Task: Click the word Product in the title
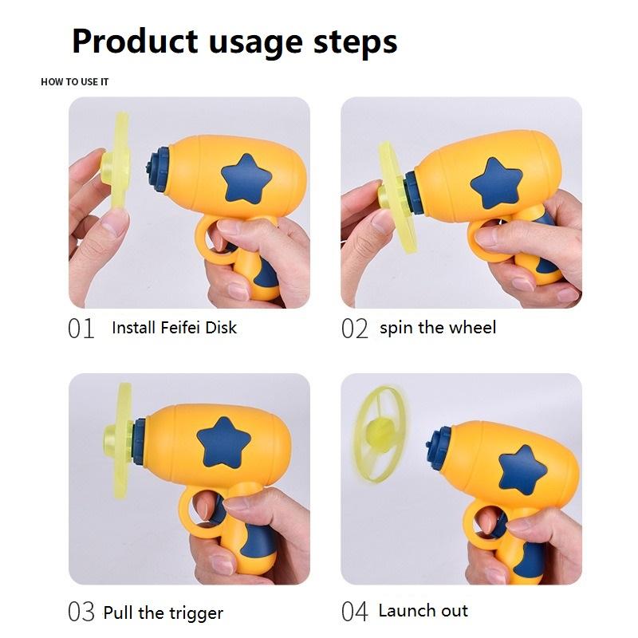134,41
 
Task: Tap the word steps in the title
357,41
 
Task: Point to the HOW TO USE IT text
75,82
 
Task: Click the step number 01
81,329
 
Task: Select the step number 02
355,329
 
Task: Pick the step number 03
81,612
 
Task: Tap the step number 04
355,612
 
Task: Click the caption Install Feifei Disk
174,327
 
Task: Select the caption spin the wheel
438,327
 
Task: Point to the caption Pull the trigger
163,612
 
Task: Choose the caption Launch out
423,611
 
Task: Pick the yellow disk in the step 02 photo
389,191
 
